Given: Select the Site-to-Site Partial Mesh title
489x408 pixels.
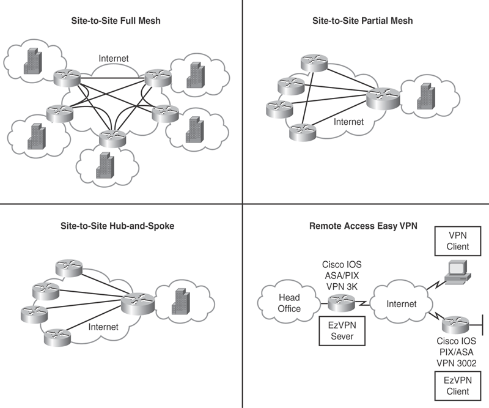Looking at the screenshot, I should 362,21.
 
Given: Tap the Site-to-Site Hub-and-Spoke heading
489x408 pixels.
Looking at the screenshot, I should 122,226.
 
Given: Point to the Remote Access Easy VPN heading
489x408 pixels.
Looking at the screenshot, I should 363,226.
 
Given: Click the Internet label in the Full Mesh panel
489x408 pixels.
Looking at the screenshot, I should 114,59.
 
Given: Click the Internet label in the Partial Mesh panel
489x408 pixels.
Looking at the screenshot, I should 348,122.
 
